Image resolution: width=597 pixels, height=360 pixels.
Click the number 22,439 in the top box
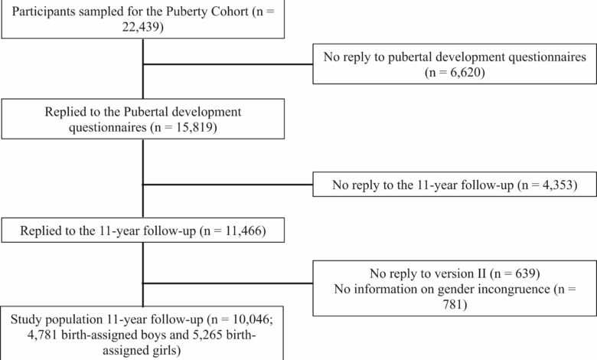[x=140, y=27]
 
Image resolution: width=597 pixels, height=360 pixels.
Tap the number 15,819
[x=194, y=127]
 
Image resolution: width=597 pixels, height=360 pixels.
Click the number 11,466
[x=243, y=231]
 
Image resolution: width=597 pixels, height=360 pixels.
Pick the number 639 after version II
[x=525, y=273]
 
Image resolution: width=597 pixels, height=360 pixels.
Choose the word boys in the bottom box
[x=153, y=335]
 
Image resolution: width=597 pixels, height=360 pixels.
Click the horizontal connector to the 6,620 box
[x=227, y=64]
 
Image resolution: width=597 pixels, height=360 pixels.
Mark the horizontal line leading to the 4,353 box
[x=227, y=185]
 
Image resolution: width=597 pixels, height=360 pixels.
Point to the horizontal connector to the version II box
[x=227, y=283]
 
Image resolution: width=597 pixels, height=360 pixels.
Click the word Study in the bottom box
[x=26, y=319]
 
